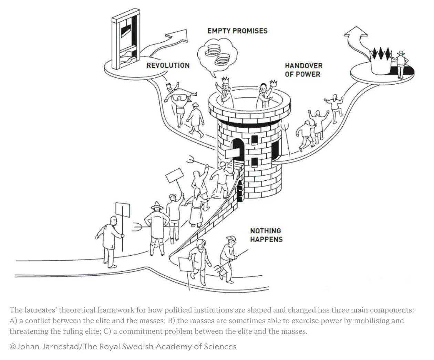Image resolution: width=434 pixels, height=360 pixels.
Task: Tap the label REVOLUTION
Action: coord(168,65)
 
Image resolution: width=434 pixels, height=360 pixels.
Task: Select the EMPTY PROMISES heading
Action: coord(237,31)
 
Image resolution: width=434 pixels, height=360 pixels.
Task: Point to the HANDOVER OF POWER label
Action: coord(303,70)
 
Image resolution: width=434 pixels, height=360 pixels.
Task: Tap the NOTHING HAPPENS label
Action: coord(266,235)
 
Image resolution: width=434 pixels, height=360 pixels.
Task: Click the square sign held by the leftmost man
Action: coord(123,210)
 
